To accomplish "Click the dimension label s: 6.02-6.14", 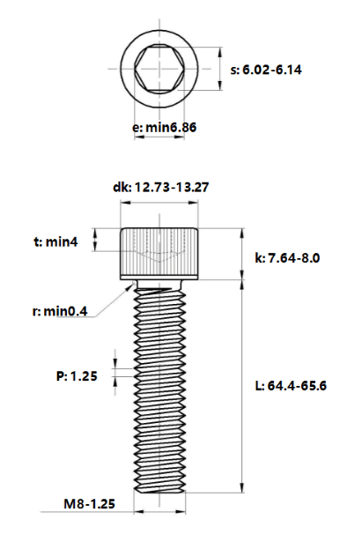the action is click(266, 70).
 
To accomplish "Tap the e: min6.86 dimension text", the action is click(164, 128).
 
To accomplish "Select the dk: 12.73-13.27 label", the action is click(160, 187).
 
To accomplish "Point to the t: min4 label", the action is click(55, 241).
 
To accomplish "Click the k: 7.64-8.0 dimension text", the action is click(287, 258).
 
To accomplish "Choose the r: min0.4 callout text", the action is click(60, 311).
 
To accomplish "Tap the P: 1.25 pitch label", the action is click(77, 376).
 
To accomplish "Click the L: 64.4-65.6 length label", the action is click(291, 386).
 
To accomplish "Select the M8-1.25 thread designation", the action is click(89, 504).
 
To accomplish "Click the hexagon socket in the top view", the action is click(159, 69).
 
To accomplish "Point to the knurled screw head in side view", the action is click(159, 254).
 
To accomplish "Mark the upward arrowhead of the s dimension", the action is click(220, 53).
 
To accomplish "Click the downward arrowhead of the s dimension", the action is click(220, 85).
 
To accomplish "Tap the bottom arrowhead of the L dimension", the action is click(241, 487).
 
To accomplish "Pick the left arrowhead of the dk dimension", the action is click(125, 203).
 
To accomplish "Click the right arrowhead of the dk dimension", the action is click(194, 203).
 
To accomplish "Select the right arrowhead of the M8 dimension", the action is click(181, 512).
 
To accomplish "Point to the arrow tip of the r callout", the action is click(135, 282).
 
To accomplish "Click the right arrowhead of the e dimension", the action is click(180, 137).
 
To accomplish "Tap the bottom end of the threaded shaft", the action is click(159, 492).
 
